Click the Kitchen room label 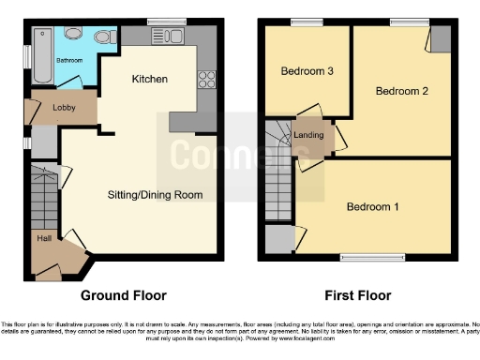[150, 79]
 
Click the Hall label [44, 238]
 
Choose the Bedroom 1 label [372, 207]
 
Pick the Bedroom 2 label [401, 91]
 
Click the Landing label [308, 135]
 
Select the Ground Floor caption [124, 295]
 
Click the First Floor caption [357, 295]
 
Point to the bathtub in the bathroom [41, 55]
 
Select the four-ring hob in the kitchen [205, 78]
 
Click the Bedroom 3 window [304, 21]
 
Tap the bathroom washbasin [74, 34]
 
